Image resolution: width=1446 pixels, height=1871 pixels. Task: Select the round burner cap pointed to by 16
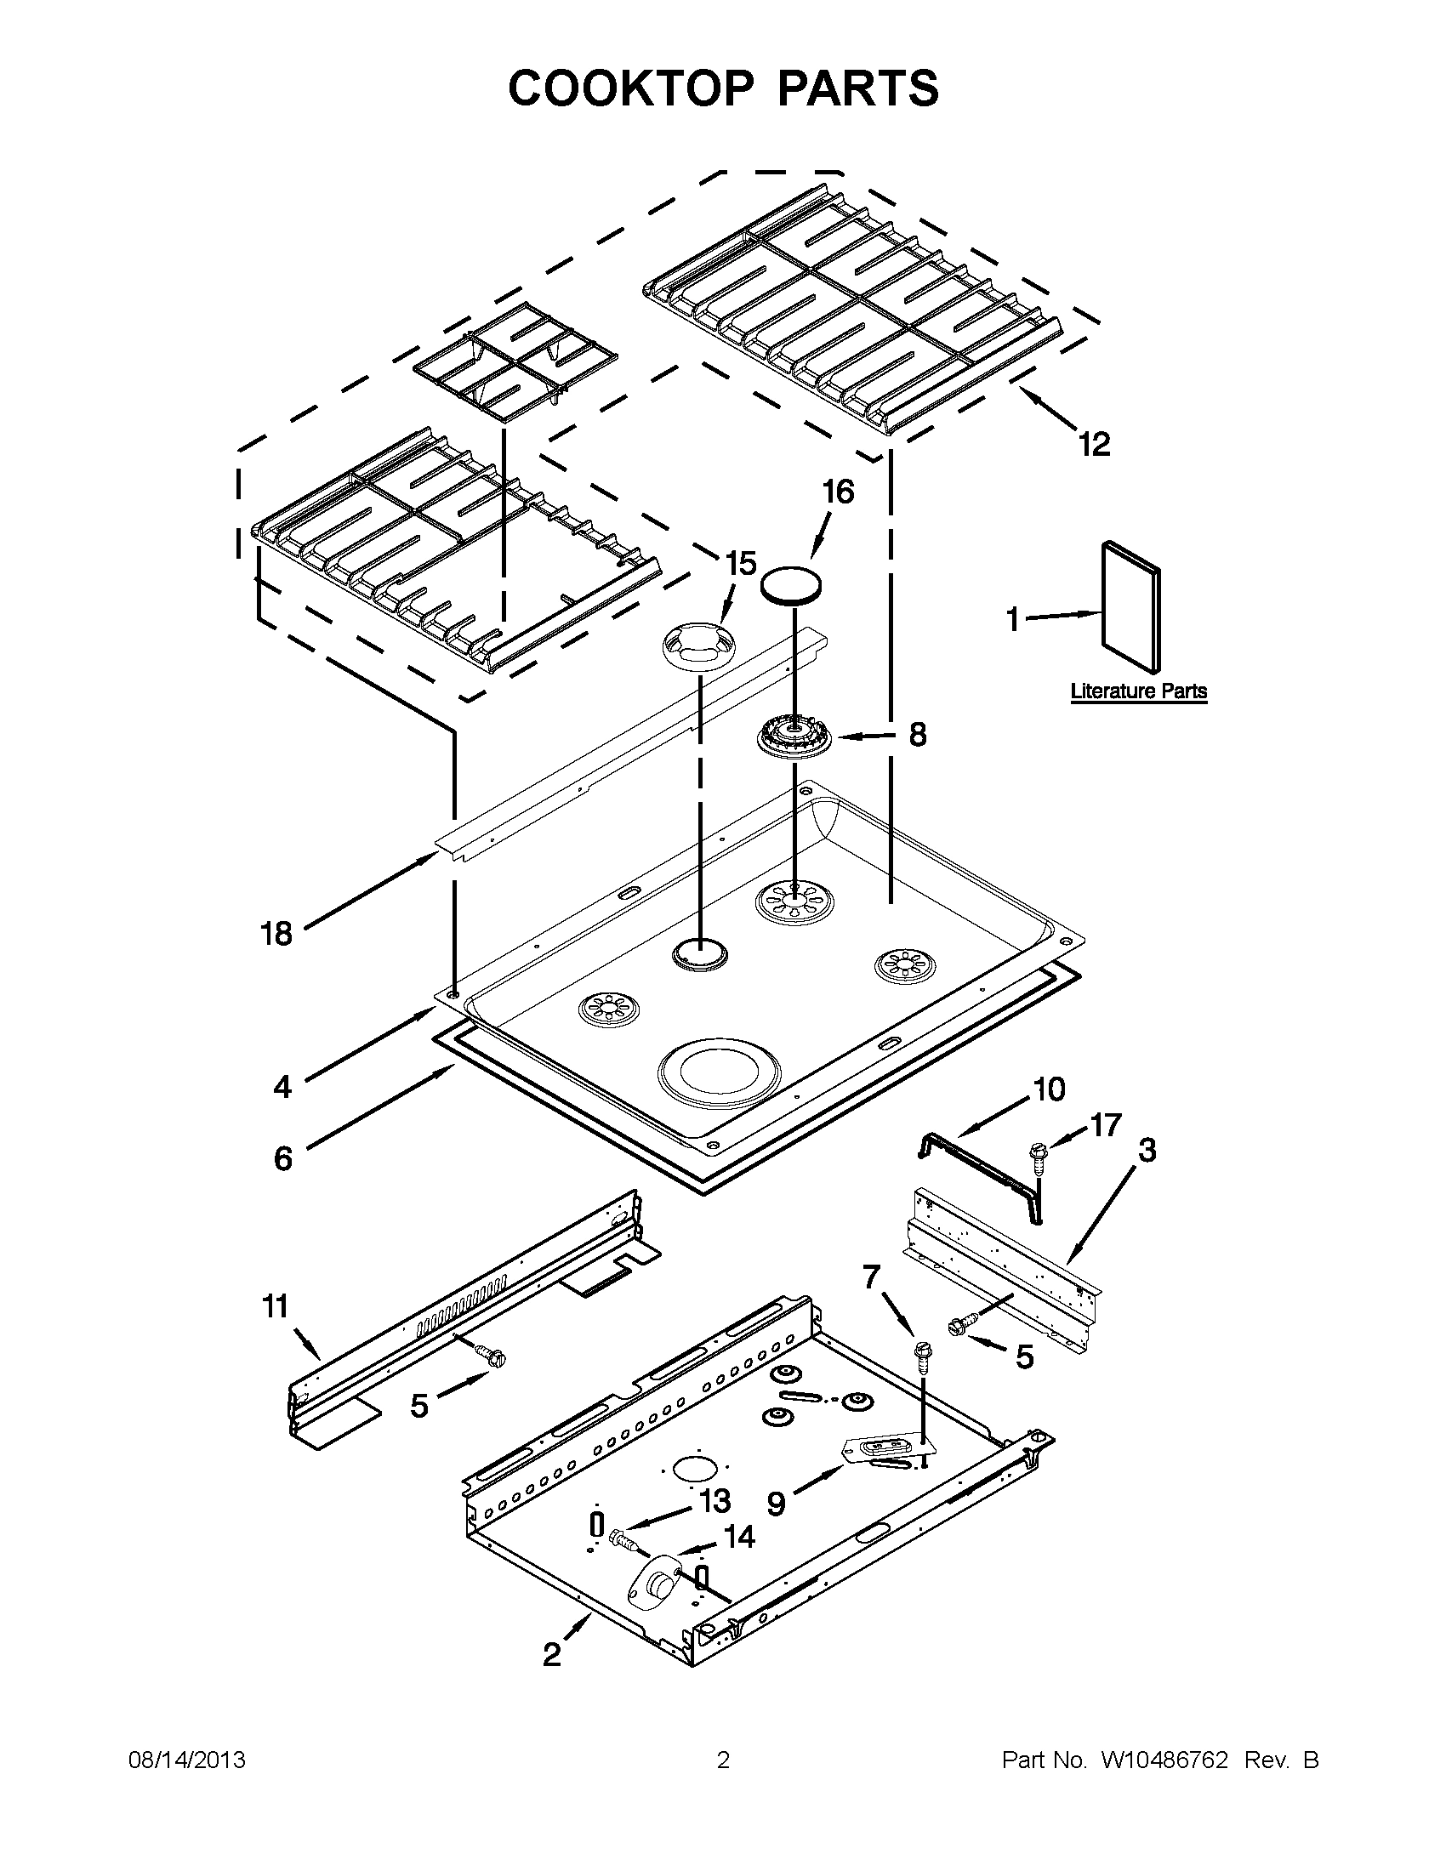(791, 585)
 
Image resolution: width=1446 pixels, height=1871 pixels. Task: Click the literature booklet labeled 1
(1130, 606)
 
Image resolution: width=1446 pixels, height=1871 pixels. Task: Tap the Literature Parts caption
(1138, 691)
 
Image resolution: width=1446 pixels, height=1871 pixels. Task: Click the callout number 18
(276, 934)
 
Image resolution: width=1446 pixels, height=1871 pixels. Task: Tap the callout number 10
(1049, 1089)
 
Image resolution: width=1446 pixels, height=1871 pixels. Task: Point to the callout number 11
(275, 1308)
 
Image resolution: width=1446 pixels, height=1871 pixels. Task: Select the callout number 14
(738, 1538)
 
